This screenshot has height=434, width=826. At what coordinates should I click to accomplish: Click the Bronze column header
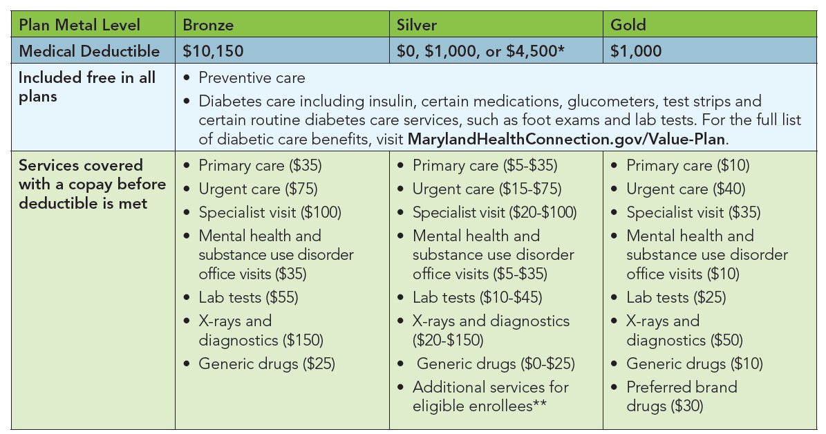208,26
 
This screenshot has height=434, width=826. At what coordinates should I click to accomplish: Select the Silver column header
416,26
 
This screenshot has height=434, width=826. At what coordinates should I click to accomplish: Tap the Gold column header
628,26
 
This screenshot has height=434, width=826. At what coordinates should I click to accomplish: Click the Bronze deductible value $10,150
213,51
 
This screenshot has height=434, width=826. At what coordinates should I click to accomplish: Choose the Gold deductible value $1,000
636,51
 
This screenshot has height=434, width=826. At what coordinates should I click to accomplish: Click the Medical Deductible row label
89,51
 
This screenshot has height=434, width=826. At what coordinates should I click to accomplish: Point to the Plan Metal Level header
79,26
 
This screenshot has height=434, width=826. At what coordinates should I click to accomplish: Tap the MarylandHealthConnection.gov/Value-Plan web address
567,138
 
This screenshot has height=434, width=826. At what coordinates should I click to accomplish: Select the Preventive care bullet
252,78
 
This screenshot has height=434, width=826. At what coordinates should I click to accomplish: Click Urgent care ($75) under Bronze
259,189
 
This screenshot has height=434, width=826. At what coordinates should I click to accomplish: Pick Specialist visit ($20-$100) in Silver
494,212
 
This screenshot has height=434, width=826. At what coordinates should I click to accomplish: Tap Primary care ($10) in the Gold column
688,166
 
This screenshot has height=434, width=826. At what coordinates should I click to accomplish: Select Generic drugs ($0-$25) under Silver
496,364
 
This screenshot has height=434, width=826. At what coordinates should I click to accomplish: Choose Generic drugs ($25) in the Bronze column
266,364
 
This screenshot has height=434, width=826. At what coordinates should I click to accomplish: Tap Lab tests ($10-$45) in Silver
477,297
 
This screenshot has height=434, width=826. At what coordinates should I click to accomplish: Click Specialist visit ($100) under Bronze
270,212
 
